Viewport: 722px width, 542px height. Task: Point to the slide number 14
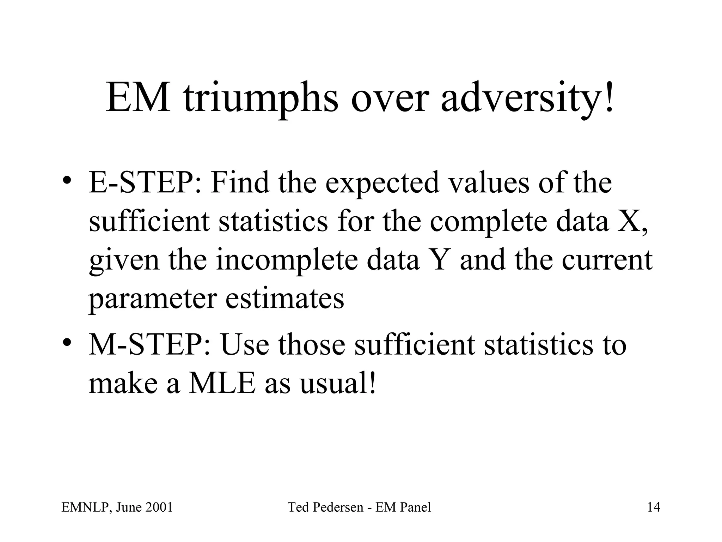point(654,507)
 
